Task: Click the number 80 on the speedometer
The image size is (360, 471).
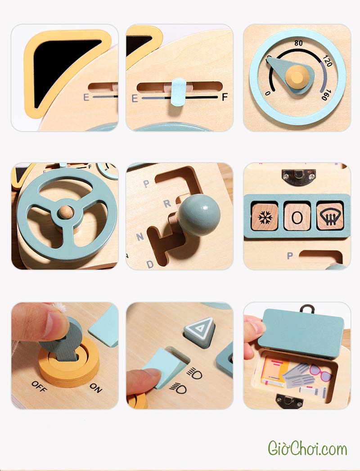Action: [x=298, y=43]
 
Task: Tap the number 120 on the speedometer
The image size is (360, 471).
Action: [x=328, y=61]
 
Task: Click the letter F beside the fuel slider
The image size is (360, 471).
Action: [x=225, y=97]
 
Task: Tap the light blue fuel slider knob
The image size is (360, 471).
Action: [x=179, y=92]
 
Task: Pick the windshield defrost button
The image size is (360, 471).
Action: [x=330, y=217]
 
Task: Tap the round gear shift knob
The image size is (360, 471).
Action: [x=199, y=215]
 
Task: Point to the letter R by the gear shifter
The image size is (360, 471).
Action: [x=167, y=204]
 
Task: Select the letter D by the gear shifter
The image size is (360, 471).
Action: [x=150, y=265]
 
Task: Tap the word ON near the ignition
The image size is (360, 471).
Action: [x=96, y=388]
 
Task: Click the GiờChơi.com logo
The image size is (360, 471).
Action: [x=307, y=449]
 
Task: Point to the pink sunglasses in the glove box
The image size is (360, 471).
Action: [x=321, y=372]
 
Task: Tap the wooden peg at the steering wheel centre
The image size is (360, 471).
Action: [x=66, y=212]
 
